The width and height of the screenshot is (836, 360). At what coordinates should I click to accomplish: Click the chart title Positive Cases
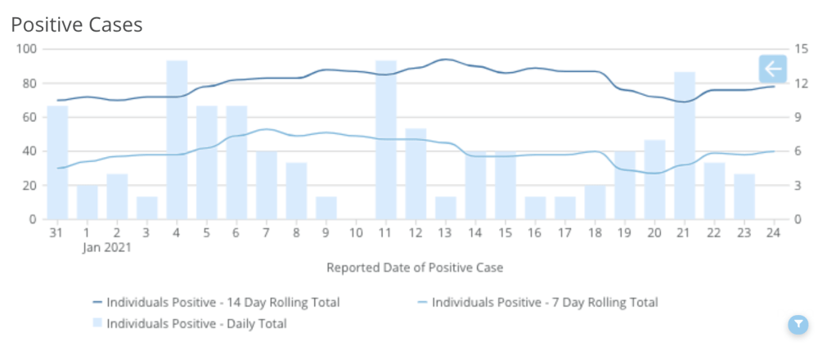tap(77, 25)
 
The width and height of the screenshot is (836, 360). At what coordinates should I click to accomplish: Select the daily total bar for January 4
tap(178, 140)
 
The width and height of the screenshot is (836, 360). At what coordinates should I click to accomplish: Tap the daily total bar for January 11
tap(386, 140)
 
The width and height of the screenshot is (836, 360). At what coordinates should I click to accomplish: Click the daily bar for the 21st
tap(685, 146)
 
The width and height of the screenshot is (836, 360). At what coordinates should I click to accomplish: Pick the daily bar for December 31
tap(57, 163)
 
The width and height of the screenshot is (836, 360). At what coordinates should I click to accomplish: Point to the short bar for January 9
tap(326, 208)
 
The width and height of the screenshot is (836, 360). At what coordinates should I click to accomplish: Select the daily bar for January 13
tap(446, 208)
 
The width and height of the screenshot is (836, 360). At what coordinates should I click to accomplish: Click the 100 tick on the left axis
tap(28, 49)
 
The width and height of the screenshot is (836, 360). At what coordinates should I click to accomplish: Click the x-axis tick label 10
tap(356, 233)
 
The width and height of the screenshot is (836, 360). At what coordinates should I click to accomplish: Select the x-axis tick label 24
tap(774, 233)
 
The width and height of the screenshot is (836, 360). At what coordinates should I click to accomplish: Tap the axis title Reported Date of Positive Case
tap(415, 268)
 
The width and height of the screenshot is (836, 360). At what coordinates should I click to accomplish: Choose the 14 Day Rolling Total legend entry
tap(222, 303)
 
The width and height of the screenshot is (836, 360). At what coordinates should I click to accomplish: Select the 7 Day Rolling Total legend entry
tap(544, 303)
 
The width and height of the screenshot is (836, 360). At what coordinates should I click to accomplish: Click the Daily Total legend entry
tap(196, 324)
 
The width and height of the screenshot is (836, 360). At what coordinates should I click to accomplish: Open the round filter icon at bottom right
tap(798, 325)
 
